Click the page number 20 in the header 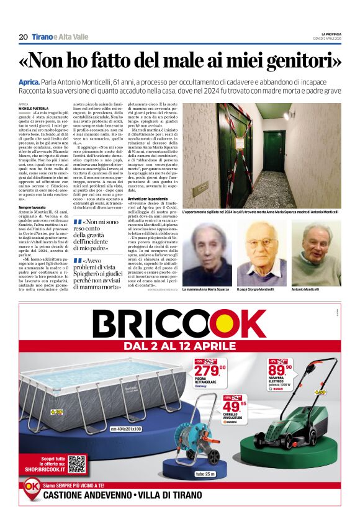pos(23,37)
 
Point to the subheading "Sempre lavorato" pos(32,207)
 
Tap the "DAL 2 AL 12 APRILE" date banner pos(179,346)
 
